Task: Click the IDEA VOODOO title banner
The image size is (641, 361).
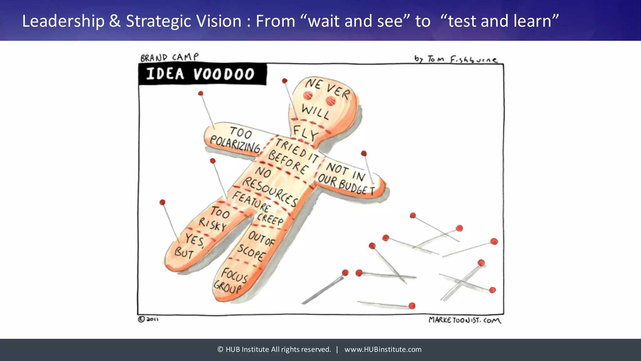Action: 202,74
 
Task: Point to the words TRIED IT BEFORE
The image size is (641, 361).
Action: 293,157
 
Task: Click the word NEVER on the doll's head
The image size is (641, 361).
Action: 327,88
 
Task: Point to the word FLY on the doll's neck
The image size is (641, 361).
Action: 305,133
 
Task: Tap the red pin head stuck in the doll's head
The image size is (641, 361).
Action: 285,81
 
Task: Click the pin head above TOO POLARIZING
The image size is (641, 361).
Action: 201,93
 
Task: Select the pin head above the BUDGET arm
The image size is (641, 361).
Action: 364,154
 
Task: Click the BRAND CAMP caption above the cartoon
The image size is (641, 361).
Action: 169,57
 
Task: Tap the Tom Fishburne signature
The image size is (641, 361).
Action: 455,59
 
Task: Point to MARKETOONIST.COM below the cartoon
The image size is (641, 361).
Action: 464,320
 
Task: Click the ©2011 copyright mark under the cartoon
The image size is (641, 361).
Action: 148,319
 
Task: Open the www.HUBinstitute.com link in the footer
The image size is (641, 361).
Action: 383,349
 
